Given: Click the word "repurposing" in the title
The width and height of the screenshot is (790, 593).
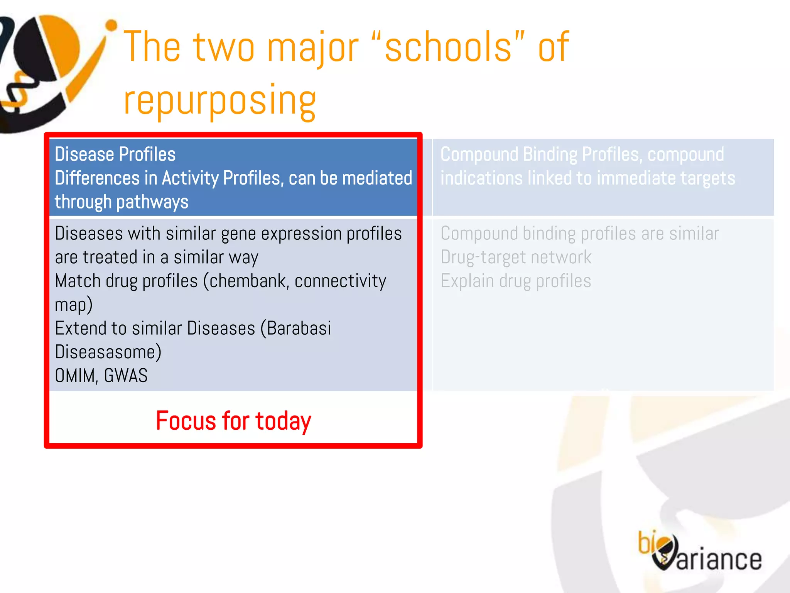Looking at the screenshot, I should [x=220, y=100].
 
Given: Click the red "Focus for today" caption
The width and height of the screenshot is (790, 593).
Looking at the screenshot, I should [x=233, y=420].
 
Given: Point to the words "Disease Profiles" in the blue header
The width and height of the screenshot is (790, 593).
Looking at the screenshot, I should [x=115, y=154].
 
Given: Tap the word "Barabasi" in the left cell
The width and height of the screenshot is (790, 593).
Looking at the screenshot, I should [x=299, y=329].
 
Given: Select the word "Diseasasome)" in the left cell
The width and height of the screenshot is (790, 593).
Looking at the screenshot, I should [x=108, y=352].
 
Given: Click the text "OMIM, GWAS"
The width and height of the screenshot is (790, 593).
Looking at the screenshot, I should [x=101, y=376].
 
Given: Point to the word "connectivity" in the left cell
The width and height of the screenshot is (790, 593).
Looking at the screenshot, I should [x=340, y=281].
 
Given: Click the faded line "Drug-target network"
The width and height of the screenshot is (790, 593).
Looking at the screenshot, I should [x=516, y=257].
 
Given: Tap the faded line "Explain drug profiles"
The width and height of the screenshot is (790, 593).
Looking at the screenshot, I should [x=516, y=281].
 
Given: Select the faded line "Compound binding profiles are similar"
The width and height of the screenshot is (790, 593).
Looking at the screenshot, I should [x=579, y=234].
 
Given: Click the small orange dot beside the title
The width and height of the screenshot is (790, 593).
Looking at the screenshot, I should [x=111, y=25].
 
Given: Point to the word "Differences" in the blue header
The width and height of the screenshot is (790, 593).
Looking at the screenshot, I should [x=97, y=178].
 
